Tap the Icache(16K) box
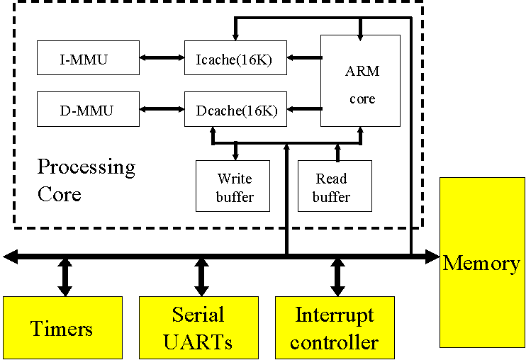tap(235, 58)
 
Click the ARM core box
tap(360, 81)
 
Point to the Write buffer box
tap(233, 186)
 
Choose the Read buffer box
tap(335, 186)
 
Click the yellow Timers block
tap(62, 328)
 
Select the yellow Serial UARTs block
tap(198, 328)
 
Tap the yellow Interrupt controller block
tap(335, 328)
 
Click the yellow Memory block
tap(482, 262)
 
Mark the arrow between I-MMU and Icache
tap(162, 58)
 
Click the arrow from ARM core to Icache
tap(304, 58)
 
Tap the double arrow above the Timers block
tap(65, 277)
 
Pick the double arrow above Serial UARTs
tap(201, 277)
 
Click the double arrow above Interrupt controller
tap(337, 277)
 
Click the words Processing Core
tap(85, 180)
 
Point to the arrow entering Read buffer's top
tap(337, 150)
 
